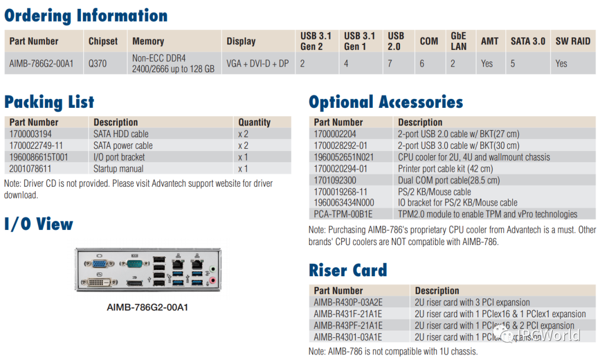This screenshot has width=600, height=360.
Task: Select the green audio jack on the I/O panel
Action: coord(212,269)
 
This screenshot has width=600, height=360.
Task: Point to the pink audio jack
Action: coord(212,281)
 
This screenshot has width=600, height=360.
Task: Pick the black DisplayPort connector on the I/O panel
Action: coord(133,284)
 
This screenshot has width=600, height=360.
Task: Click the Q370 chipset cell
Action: coord(97,63)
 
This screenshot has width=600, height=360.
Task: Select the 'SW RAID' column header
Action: coord(573,41)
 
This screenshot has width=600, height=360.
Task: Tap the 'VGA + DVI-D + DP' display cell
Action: coord(257,63)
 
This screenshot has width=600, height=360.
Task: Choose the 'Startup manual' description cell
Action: coord(118,169)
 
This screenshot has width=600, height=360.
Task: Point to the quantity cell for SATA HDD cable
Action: coord(243,134)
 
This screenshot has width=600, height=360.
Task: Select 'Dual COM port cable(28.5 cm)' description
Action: coord(448,180)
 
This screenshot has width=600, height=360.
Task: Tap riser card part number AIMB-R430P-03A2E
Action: coord(348,302)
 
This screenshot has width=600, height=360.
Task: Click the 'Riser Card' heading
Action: coord(348,271)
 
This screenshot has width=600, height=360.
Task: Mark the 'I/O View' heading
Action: coord(39,224)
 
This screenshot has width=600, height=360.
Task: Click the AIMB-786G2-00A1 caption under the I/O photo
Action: coord(147,307)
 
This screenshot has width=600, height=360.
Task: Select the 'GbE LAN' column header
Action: coord(458,41)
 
